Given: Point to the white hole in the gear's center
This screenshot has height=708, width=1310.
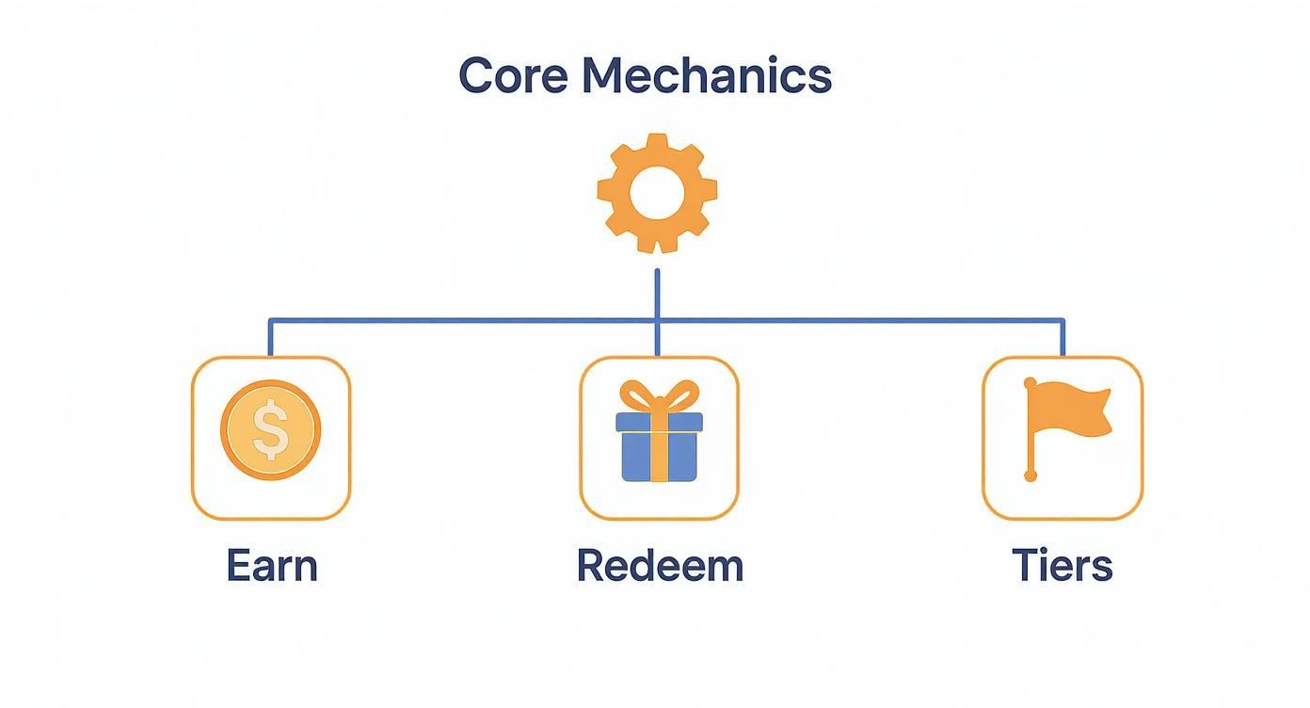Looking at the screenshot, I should pos(657,194).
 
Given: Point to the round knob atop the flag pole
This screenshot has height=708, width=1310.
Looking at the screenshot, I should pos(1030,383).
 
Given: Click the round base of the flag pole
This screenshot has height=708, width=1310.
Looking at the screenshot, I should pos(1030,476).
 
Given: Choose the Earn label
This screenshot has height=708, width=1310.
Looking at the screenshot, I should pos(272,566).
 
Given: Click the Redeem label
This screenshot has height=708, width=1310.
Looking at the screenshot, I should pos(660,566).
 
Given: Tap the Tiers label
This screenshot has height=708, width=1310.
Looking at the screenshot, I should pos(1062,566).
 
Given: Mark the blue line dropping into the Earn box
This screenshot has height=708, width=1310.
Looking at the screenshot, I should pos(270,339).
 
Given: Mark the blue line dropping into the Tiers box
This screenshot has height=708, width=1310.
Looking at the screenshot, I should pos(1063,339).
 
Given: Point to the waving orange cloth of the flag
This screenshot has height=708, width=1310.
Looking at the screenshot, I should pos(1073,410).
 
